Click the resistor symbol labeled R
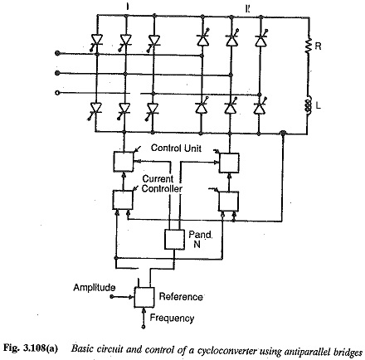click(x=309, y=46)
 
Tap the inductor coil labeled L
click(x=308, y=104)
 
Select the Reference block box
click(x=144, y=297)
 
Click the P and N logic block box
click(x=174, y=239)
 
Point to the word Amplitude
click(x=95, y=288)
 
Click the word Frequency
click(x=172, y=318)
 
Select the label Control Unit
click(x=176, y=148)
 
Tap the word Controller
click(x=162, y=189)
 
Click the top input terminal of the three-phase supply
click(x=57, y=53)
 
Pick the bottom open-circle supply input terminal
click(x=57, y=93)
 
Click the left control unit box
click(x=124, y=162)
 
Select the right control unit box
click(x=229, y=163)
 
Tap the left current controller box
click(x=123, y=200)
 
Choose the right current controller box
click(x=228, y=202)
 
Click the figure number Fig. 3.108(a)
click(x=31, y=348)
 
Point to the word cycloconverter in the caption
click(x=227, y=349)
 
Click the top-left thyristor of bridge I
click(x=96, y=40)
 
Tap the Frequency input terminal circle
click(x=144, y=327)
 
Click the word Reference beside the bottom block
click(x=181, y=297)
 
